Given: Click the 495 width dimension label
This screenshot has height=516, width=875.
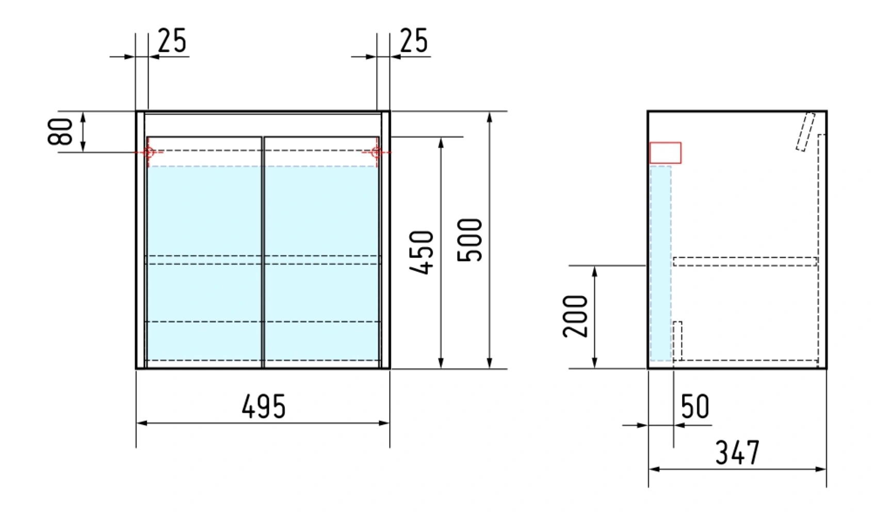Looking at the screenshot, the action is tap(264, 407).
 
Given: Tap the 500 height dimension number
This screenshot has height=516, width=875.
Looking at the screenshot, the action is tap(470, 240).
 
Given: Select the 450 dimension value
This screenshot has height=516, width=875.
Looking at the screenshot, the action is tap(422, 253).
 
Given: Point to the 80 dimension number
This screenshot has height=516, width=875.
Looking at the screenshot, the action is tap(60, 132).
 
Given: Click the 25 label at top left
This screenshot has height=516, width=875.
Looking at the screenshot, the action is tap(172, 41).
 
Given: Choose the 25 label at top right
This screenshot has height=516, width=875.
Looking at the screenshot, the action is tap(414, 41).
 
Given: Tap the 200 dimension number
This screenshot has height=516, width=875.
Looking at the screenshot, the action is tap(575, 316).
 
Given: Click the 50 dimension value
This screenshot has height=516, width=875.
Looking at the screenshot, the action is tap(695, 407).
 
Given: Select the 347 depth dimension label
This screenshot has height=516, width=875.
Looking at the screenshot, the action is tap(737, 453).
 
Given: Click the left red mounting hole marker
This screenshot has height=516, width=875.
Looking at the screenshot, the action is tap(149, 152).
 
